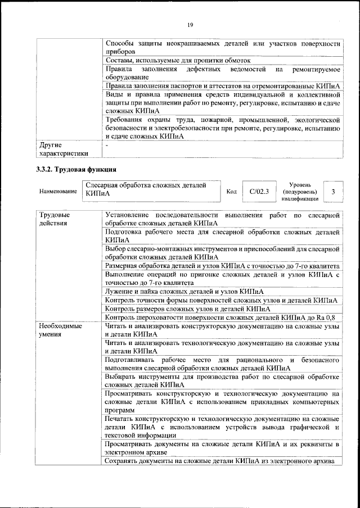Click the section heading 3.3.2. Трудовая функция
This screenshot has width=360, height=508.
tap(76, 169)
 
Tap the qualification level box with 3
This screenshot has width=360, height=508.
tap(334, 191)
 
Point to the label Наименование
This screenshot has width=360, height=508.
tap(58, 192)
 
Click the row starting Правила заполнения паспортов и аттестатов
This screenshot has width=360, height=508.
tap(222, 85)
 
